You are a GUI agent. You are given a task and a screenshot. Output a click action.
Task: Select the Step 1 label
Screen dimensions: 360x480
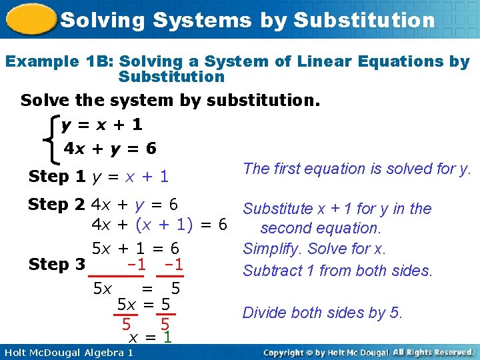pos(57,177)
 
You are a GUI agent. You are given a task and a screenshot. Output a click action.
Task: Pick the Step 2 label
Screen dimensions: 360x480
pos(57,205)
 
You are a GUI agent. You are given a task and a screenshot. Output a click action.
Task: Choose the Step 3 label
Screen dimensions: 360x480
pos(57,264)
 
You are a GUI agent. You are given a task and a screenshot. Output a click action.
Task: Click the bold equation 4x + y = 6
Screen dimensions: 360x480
pos(110,149)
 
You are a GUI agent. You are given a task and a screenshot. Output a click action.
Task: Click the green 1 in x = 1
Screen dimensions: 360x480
pos(168,337)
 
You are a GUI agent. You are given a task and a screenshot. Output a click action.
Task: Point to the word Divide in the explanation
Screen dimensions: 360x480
pos(264,313)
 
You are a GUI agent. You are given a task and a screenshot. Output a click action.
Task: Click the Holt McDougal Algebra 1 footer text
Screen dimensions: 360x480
pos(68,352)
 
